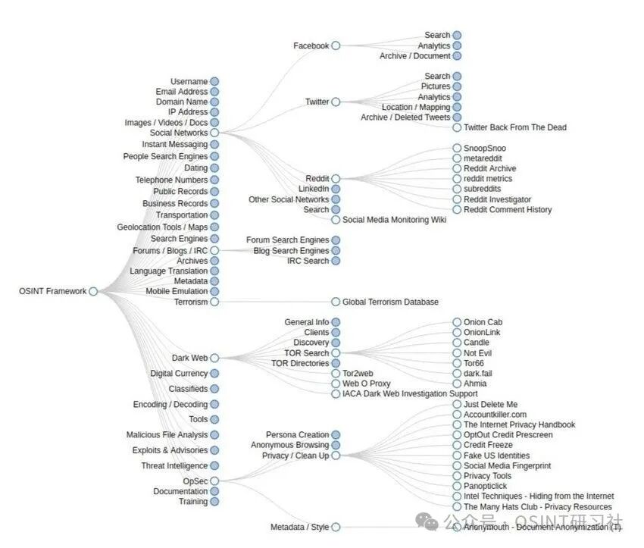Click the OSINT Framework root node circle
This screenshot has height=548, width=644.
point(93,291)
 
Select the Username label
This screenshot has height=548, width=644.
point(189,82)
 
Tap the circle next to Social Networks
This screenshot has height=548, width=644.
point(214,133)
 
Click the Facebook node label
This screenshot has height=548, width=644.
point(311,46)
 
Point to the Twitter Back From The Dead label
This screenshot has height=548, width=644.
point(514,127)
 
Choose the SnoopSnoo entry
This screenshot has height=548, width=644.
point(485,149)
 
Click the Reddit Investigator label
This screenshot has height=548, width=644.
point(497,199)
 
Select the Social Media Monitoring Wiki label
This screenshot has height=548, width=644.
point(394,220)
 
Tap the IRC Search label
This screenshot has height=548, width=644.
point(308,261)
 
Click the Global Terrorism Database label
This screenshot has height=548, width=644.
point(390,302)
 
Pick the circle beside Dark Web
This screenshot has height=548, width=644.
point(214,358)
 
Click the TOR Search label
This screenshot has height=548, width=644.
point(306,353)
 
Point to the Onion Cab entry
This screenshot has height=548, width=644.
point(483,322)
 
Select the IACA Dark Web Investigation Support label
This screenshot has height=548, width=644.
point(410,394)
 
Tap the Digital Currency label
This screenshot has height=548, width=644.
point(178,374)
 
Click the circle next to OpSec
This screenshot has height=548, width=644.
point(214,481)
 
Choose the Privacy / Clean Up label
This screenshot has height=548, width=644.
point(295,456)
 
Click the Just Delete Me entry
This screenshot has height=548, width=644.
point(490,405)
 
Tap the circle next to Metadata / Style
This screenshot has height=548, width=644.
point(336,528)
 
